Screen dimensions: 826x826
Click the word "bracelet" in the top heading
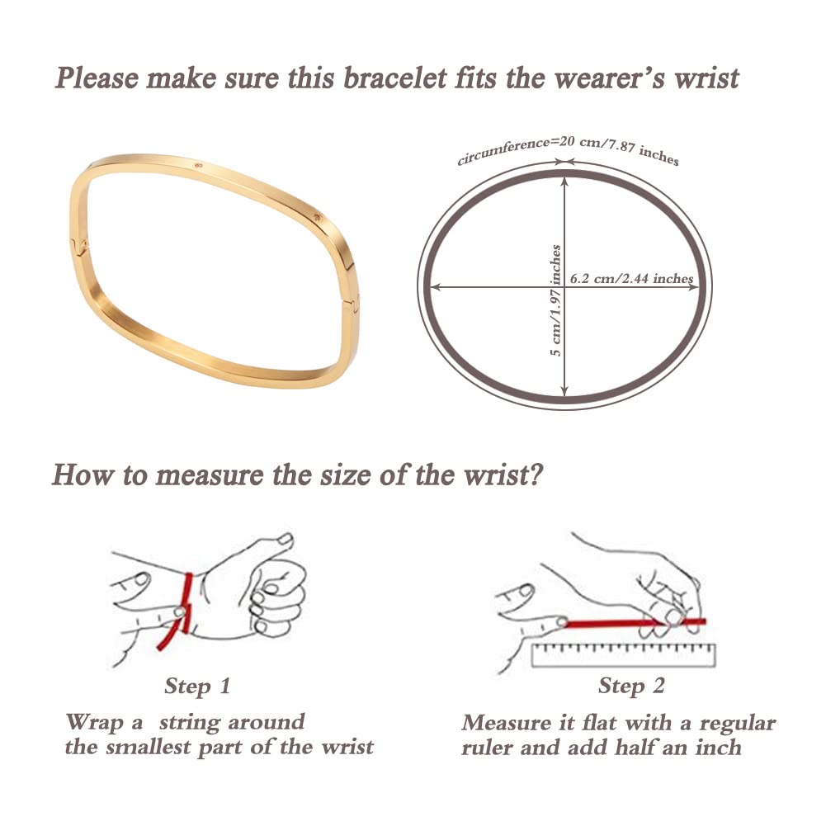coord(394,78)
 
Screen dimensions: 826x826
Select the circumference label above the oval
coord(568,151)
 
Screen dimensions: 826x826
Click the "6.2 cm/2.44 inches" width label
coord(631,278)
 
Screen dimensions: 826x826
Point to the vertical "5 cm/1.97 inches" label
coord(556,301)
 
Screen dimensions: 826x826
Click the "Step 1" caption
coord(197,687)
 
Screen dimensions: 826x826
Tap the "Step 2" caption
coord(631,687)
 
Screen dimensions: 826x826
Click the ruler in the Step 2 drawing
coord(623,655)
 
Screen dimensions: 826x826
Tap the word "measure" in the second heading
coord(209,475)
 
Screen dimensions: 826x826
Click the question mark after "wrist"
coord(535,474)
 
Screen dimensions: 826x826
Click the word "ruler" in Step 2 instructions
coord(486,748)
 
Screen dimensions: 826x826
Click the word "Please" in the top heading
coord(97,78)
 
